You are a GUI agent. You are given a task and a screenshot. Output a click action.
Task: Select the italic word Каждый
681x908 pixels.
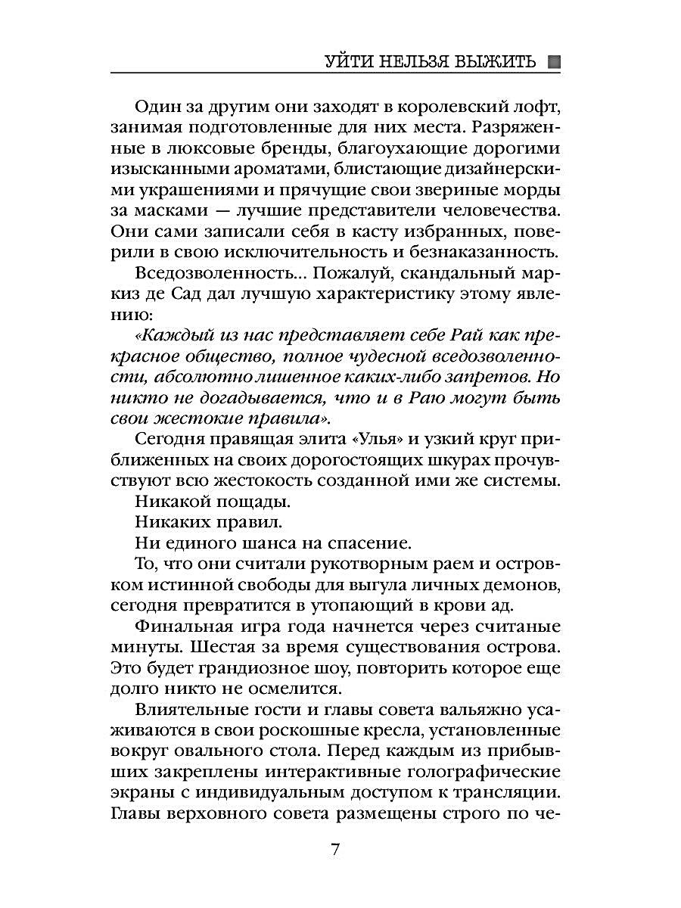pyautogui.click(x=171, y=336)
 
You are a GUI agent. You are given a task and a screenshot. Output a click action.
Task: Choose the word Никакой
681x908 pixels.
pyautogui.click(x=174, y=500)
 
